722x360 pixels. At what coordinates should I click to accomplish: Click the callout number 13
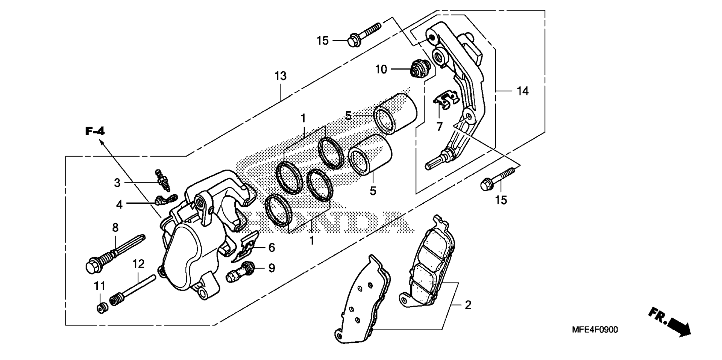pos(281,76)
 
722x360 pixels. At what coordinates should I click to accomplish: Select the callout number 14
pos(523,91)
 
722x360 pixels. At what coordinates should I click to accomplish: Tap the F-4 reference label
pos(95,131)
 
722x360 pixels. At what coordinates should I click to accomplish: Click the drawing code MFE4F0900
pos(595,330)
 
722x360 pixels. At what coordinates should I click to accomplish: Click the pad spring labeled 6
pos(246,247)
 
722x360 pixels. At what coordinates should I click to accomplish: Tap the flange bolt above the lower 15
pos(498,179)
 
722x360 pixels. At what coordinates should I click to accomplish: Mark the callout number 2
pos(468,305)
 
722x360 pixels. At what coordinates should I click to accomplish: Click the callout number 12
pos(138,264)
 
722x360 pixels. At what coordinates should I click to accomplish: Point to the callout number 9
pos(272,268)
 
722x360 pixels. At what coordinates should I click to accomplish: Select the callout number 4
pos(119,204)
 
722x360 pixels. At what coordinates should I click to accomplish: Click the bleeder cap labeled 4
pos(165,200)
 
